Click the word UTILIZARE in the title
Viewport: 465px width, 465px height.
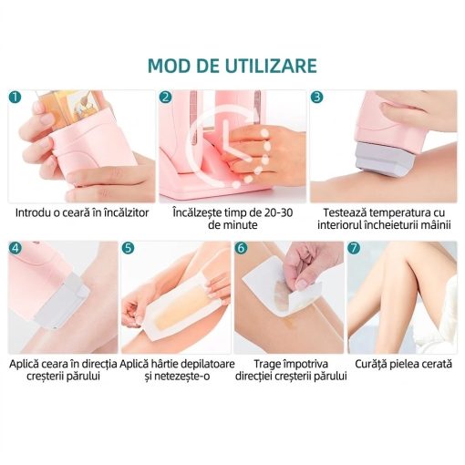point(271,66)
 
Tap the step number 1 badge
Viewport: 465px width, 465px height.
point(15,98)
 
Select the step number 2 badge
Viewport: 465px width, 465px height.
point(166,98)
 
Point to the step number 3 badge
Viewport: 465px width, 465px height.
point(316,98)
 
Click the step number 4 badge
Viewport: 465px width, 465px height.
point(15,248)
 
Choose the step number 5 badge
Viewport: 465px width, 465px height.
point(128,248)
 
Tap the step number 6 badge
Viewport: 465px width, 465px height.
point(241,248)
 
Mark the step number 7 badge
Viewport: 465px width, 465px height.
point(354,248)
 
